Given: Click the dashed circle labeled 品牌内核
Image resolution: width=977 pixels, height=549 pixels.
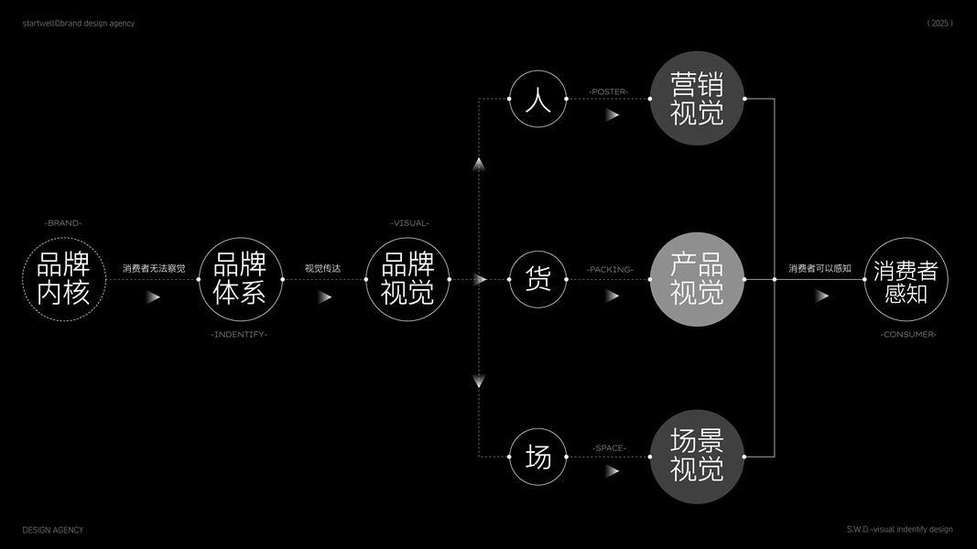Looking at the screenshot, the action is tap(64, 279).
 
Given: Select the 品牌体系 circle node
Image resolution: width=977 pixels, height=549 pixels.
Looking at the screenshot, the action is tap(240, 279).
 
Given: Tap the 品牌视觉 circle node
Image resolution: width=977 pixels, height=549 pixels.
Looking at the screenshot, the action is tap(407, 279).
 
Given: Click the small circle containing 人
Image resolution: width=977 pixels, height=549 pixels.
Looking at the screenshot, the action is tap(538, 98).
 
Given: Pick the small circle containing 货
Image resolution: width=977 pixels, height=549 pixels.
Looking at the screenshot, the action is tap(538, 279).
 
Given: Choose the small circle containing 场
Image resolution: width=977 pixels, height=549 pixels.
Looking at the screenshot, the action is tap(538, 456).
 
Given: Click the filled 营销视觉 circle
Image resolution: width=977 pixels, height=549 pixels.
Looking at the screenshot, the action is tap(697, 98).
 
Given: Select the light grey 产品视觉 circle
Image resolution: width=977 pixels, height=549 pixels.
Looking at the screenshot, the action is tap(697, 279).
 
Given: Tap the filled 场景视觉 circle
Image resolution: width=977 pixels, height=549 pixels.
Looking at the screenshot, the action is tap(697, 456).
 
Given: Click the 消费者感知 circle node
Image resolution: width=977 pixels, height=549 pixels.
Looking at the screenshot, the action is tap(906, 279).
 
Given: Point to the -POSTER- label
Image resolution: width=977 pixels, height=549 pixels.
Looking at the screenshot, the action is tap(608, 91).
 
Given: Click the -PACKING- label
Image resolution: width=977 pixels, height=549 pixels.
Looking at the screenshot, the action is tap(610, 270).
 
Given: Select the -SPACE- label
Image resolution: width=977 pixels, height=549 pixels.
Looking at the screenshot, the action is tap(609, 448).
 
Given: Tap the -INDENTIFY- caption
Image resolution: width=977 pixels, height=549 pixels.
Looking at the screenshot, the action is tap(240, 335).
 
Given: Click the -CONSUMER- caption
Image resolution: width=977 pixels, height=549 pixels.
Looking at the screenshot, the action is tap(908, 335).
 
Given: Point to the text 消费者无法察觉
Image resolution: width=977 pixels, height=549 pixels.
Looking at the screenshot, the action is tap(154, 269).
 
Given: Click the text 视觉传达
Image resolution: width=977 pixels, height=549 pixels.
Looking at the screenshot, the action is tap(322, 269).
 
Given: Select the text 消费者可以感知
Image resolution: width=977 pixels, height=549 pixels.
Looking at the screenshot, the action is tap(820, 269).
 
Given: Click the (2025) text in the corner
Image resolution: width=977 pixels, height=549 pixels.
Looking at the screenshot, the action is tap(939, 24).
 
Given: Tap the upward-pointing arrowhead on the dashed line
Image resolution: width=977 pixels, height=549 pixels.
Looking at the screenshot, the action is tap(479, 164).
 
